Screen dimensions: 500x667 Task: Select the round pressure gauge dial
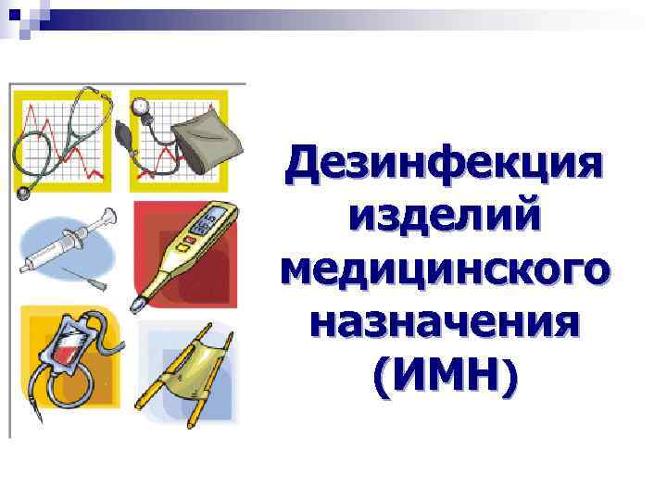(143, 105)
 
